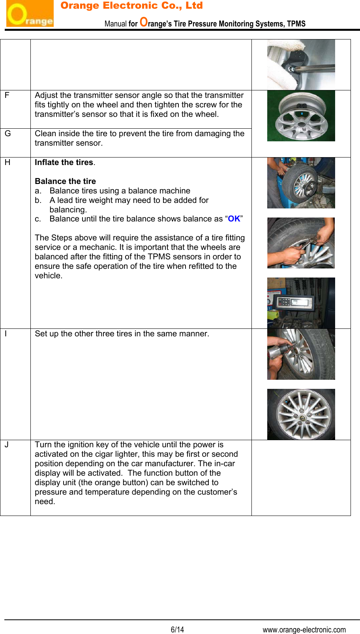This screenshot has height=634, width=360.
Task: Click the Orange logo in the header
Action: [x=30, y=14]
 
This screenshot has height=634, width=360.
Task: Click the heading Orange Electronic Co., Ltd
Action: [x=131, y=6]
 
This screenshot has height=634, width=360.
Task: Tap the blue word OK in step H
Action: [x=234, y=219]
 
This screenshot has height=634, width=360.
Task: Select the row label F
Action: [x=7, y=95]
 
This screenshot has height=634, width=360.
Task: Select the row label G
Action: [x=7, y=133]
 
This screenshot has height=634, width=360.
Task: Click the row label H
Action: [x=7, y=162]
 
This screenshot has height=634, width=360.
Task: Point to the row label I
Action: [x=6, y=334]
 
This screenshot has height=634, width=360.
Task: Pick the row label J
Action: [x=7, y=445]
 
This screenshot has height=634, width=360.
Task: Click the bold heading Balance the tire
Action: [x=65, y=181]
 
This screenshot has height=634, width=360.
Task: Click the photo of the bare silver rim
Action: [x=301, y=116]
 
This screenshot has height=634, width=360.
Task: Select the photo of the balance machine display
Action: [x=301, y=303]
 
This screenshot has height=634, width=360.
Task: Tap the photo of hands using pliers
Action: [x=301, y=243]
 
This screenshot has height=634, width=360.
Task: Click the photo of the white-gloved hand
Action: [x=301, y=64]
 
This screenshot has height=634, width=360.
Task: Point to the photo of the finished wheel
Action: [x=301, y=414]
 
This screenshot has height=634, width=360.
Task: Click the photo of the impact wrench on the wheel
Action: [x=301, y=354]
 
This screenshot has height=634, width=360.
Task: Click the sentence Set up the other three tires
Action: [x=122, y=334]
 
